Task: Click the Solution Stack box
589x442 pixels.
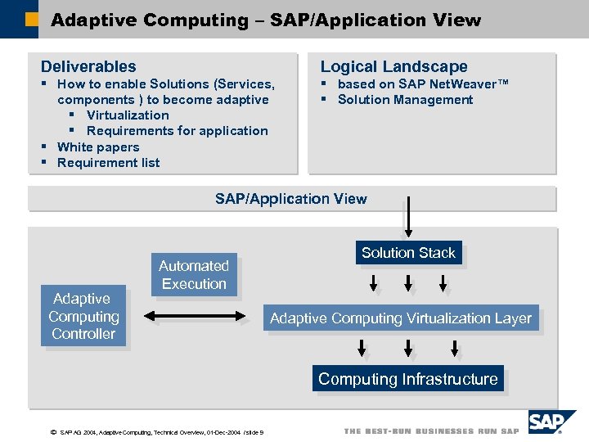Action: point(408,253)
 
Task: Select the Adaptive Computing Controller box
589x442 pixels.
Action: point(83,316)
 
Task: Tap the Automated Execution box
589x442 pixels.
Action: point(194,274)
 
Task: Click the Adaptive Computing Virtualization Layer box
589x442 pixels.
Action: point(401,318)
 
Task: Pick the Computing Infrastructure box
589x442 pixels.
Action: point(407,379)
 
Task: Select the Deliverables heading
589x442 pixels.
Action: point(88,66)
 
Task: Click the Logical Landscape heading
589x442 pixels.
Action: point(393,66)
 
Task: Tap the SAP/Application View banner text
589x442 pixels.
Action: point(291,199)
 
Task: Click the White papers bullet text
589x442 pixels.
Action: point(98,147)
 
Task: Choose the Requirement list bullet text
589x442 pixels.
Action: point(108,163)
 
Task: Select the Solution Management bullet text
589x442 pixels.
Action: point(405,100)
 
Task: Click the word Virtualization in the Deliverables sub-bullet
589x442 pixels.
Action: point(128,115)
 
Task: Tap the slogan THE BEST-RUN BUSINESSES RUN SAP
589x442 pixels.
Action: point(431,431)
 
